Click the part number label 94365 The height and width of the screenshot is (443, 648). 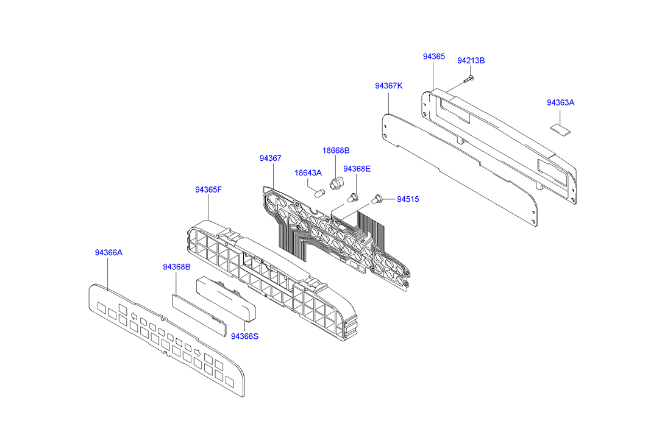pos(434,57)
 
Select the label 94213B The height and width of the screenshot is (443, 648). pos(471,61)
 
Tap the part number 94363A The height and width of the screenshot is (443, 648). pos(560,103)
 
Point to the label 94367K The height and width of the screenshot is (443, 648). pos(388,86)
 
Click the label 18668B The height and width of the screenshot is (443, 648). pos(336,151)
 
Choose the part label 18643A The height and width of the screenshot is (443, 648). pos(308,173)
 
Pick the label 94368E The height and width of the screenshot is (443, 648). pos(357,169)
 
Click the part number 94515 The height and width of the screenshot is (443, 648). pos(408,199)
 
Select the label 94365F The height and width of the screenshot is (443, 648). pos(208,190)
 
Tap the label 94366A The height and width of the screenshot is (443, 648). pos(109,252)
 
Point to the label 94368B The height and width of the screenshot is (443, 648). pos(176,267)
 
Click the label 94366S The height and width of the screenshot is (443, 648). pos(244,336)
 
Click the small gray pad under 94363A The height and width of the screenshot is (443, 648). pos(560,128)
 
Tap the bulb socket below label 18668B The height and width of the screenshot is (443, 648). pos(335,182)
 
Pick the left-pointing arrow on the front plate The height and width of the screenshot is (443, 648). pos(134,316)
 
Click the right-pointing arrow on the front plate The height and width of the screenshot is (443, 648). pos(198,353)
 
